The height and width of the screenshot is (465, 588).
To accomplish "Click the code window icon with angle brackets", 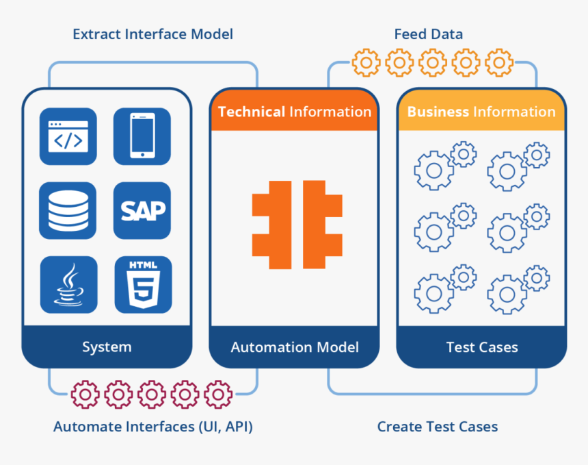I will pyautogui.click(x=68, y=136).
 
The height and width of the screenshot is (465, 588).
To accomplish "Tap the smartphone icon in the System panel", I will pyautogui.click(x=142, y=136).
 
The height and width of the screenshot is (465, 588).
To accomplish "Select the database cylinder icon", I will pyautogui.click(x=68, y=210).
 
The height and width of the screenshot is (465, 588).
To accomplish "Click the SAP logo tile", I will pyautogui.click(x=142, y=210).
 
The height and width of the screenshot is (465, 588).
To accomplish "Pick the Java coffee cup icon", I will pyautogui.click(x=68, y=284).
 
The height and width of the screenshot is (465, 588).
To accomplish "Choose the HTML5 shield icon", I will pyautogui.click(x=142, y=284).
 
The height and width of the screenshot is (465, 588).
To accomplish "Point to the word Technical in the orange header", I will pyautogui.click(x=252, y=112).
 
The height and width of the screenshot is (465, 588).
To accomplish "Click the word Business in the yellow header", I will pyautogui.click(x=438, y=112).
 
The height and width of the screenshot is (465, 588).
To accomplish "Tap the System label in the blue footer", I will pyautogui.click(x=107, y=347).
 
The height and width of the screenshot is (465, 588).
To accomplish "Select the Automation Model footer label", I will pyautogui.click(x=295, y=347).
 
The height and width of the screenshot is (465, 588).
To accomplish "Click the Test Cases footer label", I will pyautogui.click(x=482, y=347).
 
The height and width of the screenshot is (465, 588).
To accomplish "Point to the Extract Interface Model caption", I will pyautogui.click(x=152, y=34).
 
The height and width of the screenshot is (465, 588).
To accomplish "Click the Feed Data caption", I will pyautogui.click(x=429, y=34).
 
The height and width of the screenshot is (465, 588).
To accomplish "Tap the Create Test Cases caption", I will pyautogui.click(x=438, y=427).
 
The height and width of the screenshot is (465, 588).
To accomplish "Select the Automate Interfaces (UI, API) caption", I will pyautogui.click(x=153, y=427).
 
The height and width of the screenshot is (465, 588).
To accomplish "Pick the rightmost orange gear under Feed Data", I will pyautogui.click(x=499, y=63).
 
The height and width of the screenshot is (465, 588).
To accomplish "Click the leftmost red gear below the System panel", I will pyautogui.click(x=85, y=394).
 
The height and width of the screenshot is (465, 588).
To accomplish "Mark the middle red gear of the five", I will pyautogui.click(x=152, y=394).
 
